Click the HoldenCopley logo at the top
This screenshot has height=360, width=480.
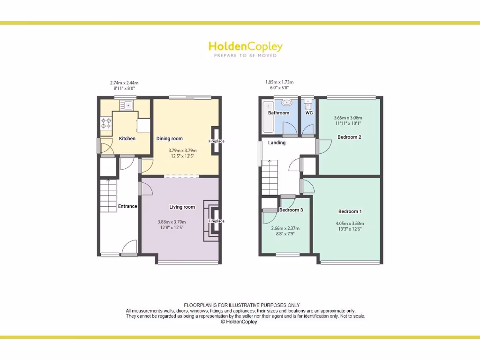tap(245, 47)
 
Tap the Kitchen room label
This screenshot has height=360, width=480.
tap(127, 139)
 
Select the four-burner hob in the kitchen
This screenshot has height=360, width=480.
tap(106, 123)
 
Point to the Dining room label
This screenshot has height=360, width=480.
tap(169, 139)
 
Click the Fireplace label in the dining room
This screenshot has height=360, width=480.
tap(217, 141)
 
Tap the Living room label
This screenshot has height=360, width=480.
tap(182, 207)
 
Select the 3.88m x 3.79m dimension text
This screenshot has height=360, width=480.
tap(172, 222)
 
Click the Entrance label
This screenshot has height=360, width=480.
tap(127, 206)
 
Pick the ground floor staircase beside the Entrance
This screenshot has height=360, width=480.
tap(107, 195)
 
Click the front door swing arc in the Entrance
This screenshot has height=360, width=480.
tap(129, 247)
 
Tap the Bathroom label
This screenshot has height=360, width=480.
tap(278, 113)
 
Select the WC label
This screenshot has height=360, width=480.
tap(309, 113)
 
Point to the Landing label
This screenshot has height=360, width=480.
tap(277, 142)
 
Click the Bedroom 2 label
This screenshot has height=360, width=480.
tap(349, 137)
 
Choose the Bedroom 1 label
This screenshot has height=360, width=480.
tap(350, 211)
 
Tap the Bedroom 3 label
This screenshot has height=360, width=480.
tap(291, 210)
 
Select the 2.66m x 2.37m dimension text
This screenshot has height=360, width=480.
tap(285, 228)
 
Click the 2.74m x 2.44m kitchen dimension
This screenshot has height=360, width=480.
tap(124, 82)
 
